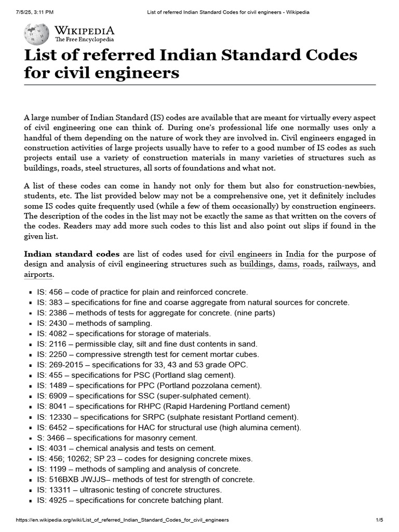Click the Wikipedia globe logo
coord(36,34)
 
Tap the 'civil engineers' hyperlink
coord(246,254)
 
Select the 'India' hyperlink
coord(295,254)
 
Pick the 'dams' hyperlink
coord(288,264)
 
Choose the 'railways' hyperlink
coord(342,264)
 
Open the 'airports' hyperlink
coord(38,275)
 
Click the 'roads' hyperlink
coord(313,264)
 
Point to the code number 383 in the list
coord(57,302)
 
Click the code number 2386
coord(59,313)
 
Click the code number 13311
coord(61,490)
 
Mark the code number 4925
coord(59,500)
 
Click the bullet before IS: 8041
coord(31,407)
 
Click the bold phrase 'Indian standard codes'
coord(72,254)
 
